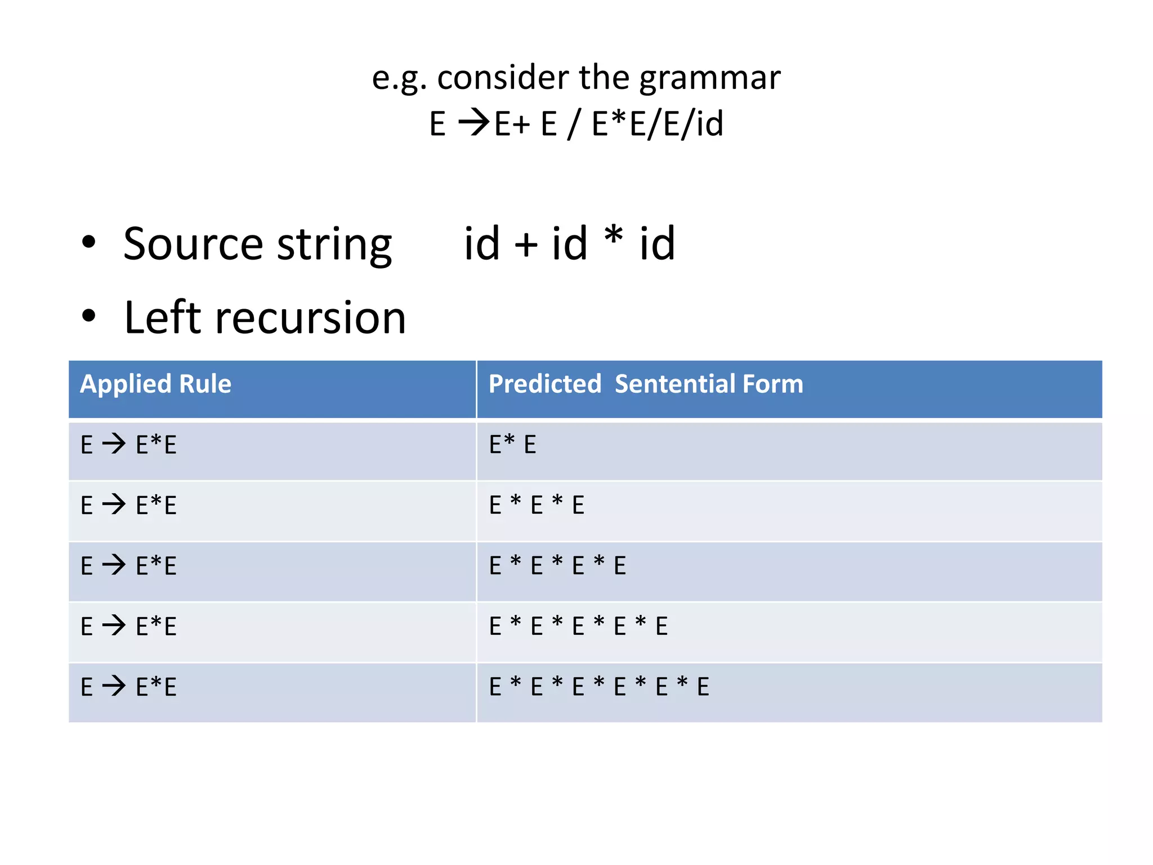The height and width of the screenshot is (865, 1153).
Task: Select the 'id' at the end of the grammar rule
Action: click(709, 123)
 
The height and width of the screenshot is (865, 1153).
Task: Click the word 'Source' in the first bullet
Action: click(193, 244)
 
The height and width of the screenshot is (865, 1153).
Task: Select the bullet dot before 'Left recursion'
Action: click(88, 316)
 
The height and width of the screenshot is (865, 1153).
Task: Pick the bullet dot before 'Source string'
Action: click(88, 242)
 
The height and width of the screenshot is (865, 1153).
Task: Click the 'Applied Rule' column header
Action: click(156, 384)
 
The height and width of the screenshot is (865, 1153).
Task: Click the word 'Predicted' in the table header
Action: click(544, 384)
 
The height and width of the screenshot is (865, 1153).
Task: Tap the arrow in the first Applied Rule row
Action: click(114, 444)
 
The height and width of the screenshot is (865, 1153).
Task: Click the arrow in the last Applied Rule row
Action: click(114, 686)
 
